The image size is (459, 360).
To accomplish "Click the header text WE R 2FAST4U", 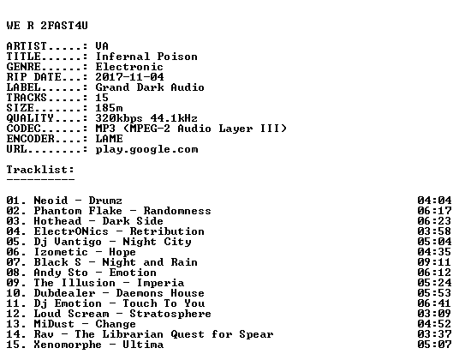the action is [x=47, y=26].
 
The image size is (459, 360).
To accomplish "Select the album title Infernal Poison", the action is [x=146, y=57].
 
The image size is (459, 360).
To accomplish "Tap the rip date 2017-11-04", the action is [x=129, y=77].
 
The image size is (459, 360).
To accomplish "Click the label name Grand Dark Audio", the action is [x=150, y=87].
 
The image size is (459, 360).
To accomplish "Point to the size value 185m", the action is [x=109, y=108].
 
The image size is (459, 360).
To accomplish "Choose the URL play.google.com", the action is [x=146, y=149].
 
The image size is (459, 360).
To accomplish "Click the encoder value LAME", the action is [x=109, y=139].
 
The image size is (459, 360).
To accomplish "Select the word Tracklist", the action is [x=39, y=170].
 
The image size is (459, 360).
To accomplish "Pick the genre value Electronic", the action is [x=129, y=67].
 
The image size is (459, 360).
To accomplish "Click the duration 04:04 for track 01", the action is [x=434, y=201].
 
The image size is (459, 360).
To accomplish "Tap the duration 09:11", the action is [x=434, y=262].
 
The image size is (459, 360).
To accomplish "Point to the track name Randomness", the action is [x=177, y=211].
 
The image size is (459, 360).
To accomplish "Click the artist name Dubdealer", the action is [x=64, y=293].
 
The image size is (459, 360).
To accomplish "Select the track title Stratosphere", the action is [x=170, y=314].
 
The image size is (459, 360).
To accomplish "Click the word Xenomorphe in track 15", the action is [x=68, y=345].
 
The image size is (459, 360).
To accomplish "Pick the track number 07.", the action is [x=13, y=262].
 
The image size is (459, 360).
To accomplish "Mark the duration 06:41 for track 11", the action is [x=434, y=303].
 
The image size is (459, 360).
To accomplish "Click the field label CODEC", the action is [x=23, y=129].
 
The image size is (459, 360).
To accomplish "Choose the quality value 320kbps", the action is [x=119, y=118].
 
